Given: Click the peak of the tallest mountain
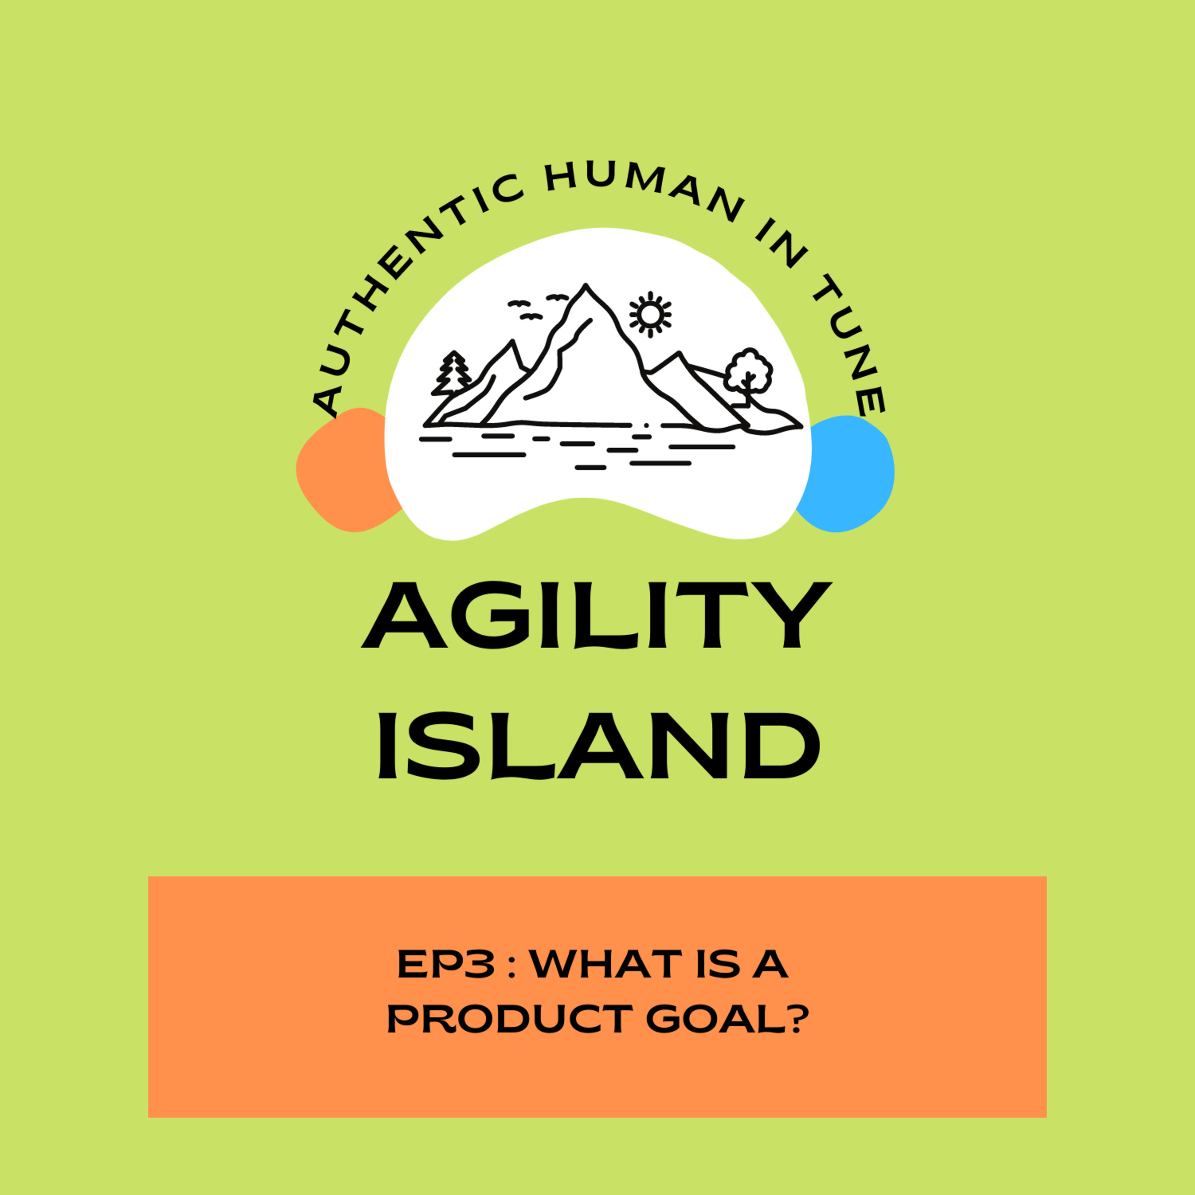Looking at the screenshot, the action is pyautogui.click(x=585, y=285).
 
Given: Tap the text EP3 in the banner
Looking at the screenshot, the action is pyautogui.click(x=445, y=964).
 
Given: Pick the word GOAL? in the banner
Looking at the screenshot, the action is pyautogui.click(x=727, y=1019).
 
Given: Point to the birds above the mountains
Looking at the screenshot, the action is pyautogui.click(x=537, y=308).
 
